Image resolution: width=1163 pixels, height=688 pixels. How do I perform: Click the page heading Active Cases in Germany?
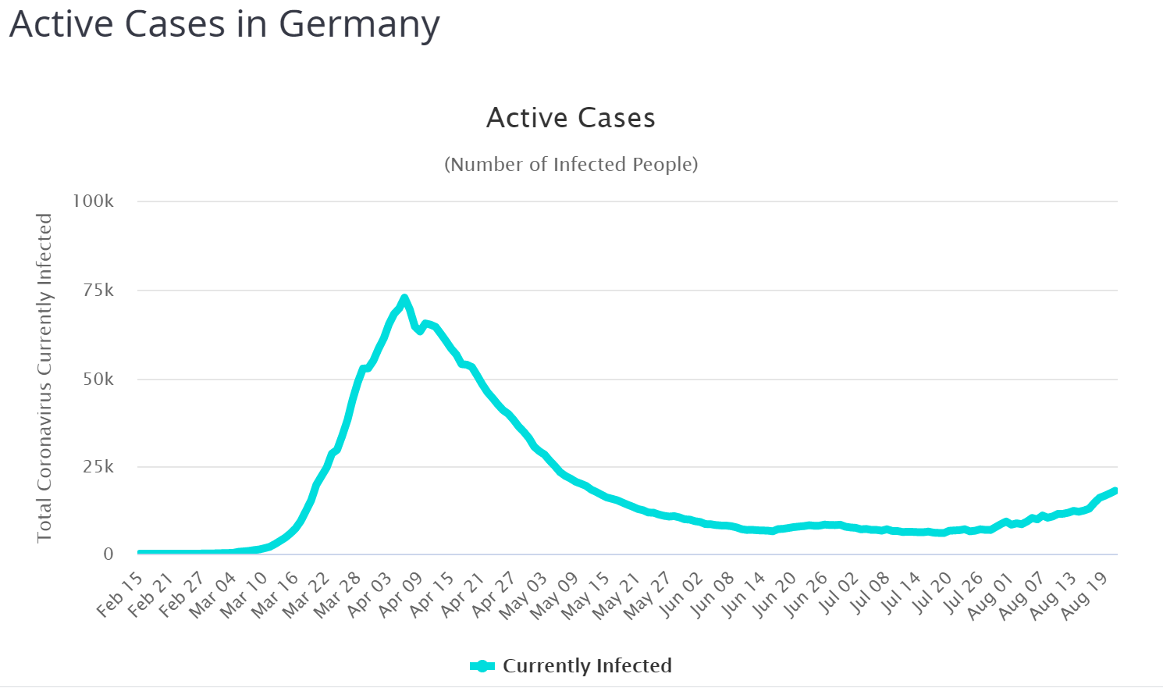point(224,24)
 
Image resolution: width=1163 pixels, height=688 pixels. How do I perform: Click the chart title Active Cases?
point(571,118)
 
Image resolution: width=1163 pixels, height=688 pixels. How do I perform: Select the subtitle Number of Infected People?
point(571,165)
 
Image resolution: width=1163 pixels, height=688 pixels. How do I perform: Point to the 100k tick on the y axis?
point(94,201)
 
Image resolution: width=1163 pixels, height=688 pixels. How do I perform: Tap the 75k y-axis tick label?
point(99,291)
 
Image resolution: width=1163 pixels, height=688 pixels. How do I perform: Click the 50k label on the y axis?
point(99,380)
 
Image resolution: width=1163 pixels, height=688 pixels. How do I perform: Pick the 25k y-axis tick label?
point(99,467)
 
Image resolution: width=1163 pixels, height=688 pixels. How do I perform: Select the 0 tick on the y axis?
point(108,554)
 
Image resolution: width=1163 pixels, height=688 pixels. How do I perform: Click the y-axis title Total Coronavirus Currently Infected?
point(44,378)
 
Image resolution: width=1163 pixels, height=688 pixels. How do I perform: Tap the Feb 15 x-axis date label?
point(121,594)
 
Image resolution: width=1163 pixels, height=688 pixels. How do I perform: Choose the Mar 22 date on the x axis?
point(307,594)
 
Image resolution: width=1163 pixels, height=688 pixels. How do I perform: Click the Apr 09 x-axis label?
point(400,594)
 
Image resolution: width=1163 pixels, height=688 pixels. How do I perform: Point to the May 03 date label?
point(524,594)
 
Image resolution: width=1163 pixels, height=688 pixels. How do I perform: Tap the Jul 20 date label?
point(931,594)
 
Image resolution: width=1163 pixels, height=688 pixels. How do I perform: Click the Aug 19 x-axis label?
point(1086,594)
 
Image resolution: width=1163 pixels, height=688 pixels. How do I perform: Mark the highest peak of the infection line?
point(404,298)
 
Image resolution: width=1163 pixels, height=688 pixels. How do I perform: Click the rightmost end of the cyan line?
point(1116,490)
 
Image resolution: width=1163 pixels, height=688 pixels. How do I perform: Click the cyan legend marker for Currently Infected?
point(482,666)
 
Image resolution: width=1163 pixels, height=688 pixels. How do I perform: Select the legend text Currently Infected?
point(587,666)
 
